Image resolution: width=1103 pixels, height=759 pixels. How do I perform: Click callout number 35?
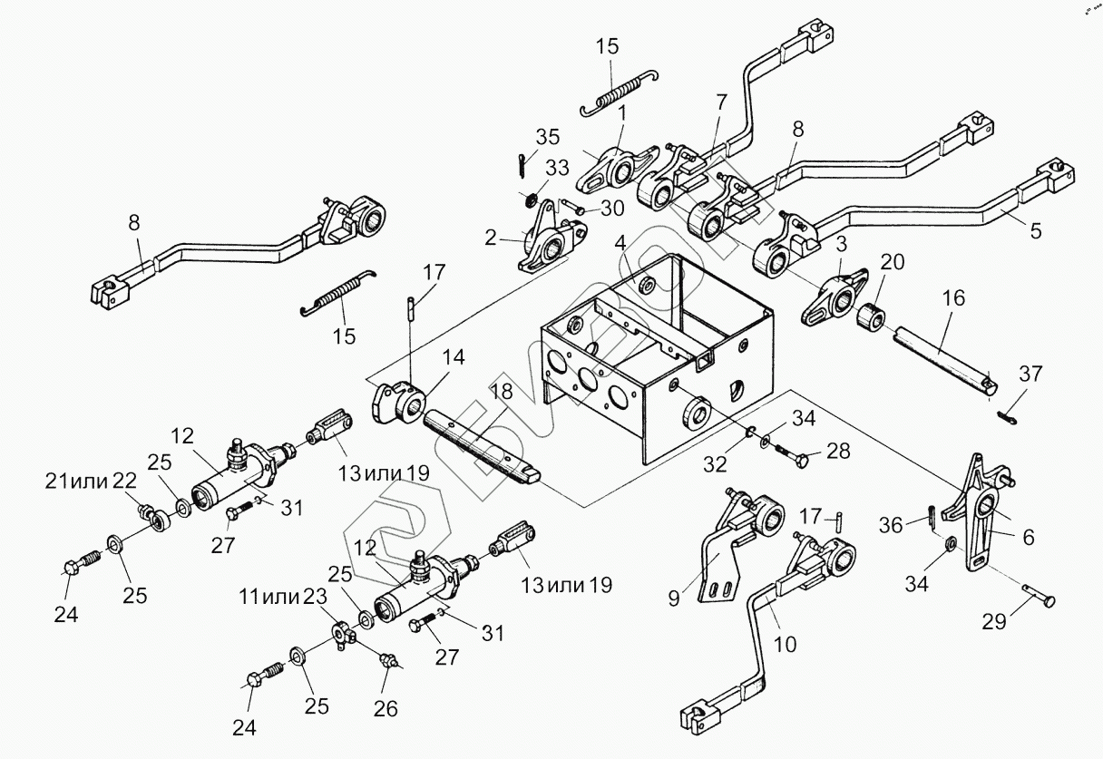547,138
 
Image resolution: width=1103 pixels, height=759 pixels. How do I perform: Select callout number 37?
1030,373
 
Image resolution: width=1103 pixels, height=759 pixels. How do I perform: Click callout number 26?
386,708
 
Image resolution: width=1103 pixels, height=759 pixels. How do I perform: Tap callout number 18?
501,392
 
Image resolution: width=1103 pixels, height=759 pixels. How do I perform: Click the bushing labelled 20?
872,319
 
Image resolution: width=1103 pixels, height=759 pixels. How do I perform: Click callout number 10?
786,644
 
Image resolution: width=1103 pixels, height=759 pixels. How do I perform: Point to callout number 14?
454,357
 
